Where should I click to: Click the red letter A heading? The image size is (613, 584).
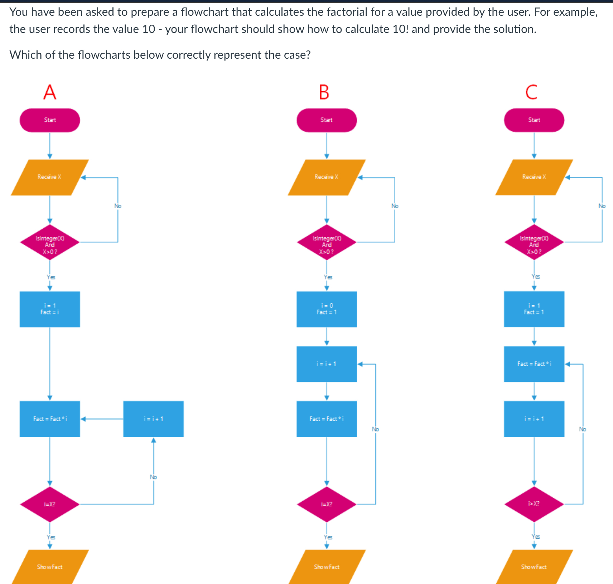[50, 92]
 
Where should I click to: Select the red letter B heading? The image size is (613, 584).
[324, 92]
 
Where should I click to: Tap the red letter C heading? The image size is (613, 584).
[531, 92]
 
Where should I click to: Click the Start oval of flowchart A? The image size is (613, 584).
[50, 120]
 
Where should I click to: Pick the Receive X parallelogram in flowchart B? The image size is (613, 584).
[327, 177]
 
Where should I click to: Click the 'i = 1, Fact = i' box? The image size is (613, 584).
[50, 309]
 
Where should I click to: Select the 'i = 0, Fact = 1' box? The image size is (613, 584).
[327, 309]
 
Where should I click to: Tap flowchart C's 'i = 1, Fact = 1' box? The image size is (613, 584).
[534, 309]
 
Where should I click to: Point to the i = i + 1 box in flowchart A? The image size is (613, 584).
[154, 419]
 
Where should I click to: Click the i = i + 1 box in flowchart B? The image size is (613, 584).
[327, 364]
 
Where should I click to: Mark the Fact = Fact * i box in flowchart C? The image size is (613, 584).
[534, 364]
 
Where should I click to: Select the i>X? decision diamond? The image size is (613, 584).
[534, 504]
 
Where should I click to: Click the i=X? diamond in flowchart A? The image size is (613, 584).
[50, 504]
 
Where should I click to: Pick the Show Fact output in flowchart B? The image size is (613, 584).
[327, 567]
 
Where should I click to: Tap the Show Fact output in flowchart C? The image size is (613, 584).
[534, 567]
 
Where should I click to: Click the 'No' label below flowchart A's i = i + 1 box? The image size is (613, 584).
[153, 477]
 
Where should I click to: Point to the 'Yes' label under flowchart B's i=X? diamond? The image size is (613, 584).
[328, 537]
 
